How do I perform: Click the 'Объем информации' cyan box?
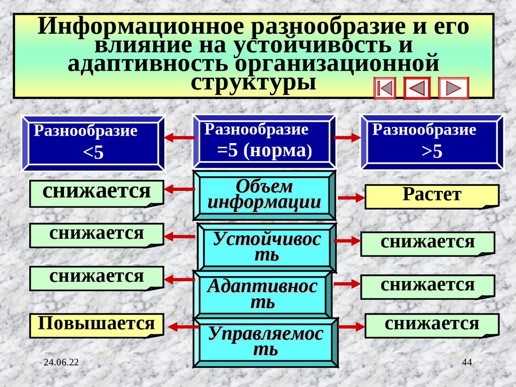coord(265,196)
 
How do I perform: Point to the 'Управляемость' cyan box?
coord(267,342)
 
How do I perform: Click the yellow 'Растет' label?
coord(432,196)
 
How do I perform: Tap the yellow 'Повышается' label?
coord(96,325)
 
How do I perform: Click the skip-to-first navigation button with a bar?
coord(385,89)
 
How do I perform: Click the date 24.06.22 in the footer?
coord(64,363)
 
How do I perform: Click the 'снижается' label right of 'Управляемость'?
coord(431,325)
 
